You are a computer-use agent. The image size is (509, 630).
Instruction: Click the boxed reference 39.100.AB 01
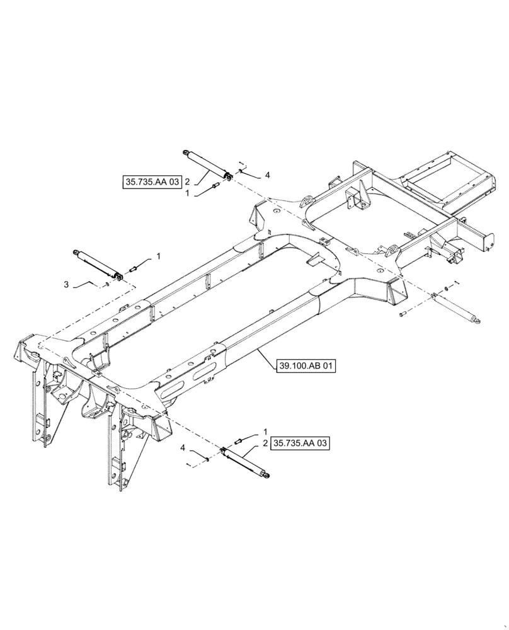pyautogui.click(x=306, y=365)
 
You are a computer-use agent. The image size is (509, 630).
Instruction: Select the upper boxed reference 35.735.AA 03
pyautogui.click(x=152, y=182)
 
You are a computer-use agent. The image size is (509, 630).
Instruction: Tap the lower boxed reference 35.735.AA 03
pyautogui.click(x=301, y=444)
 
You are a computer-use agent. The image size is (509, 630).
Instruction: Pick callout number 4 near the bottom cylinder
pyautogui.click(x=183, y=448)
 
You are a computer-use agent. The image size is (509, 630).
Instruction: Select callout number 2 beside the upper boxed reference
pyautogui.click(x=187, y=182)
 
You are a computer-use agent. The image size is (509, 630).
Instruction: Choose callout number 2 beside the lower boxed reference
pyautogui.click(x=266, y=444)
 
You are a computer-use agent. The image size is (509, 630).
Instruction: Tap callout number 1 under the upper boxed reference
pyautogui.click(x=187, y=194)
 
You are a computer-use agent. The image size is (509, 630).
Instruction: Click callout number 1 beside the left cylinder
pyautogui.click(x=159, y=256)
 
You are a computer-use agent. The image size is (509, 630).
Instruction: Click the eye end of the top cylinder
pyautogui.click(x=186, y=151)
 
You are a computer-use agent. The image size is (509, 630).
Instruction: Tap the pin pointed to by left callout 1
pyautogui.click(x=133, y=270)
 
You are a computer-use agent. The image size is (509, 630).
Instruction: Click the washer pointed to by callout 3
pyautogui.click(x=107, y=284)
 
